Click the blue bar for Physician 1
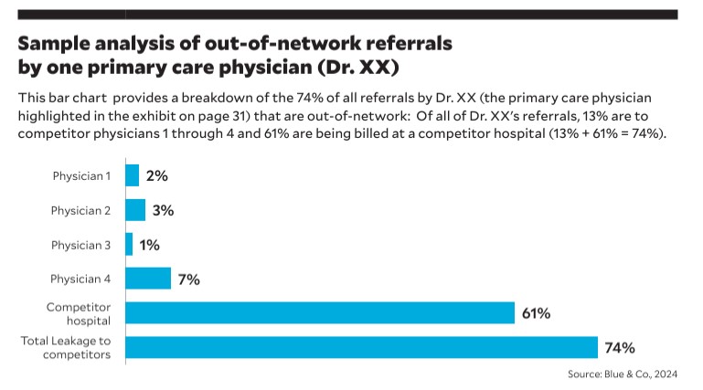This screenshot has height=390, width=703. tap(132, 175)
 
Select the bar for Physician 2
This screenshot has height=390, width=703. tap(134, 210)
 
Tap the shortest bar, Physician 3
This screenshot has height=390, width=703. tap(129, 245)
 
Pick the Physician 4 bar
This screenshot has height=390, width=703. tap(147, 279)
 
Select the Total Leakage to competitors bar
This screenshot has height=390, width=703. tap(361, 347)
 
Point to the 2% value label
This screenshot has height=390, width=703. tap(157, 175)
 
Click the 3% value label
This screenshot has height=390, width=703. tap(163, 210)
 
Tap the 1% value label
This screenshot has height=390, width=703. tap(150, 245)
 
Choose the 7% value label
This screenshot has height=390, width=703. tap(189, 279)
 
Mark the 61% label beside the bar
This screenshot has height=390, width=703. tap(536, 313)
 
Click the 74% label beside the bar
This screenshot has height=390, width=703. tap(619, 347)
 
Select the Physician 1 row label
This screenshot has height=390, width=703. tap(80, 175)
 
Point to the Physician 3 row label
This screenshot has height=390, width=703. tap(80, 245)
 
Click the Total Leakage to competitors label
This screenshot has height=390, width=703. tap(66, 347)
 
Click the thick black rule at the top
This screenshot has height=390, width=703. tap(347, 15)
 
